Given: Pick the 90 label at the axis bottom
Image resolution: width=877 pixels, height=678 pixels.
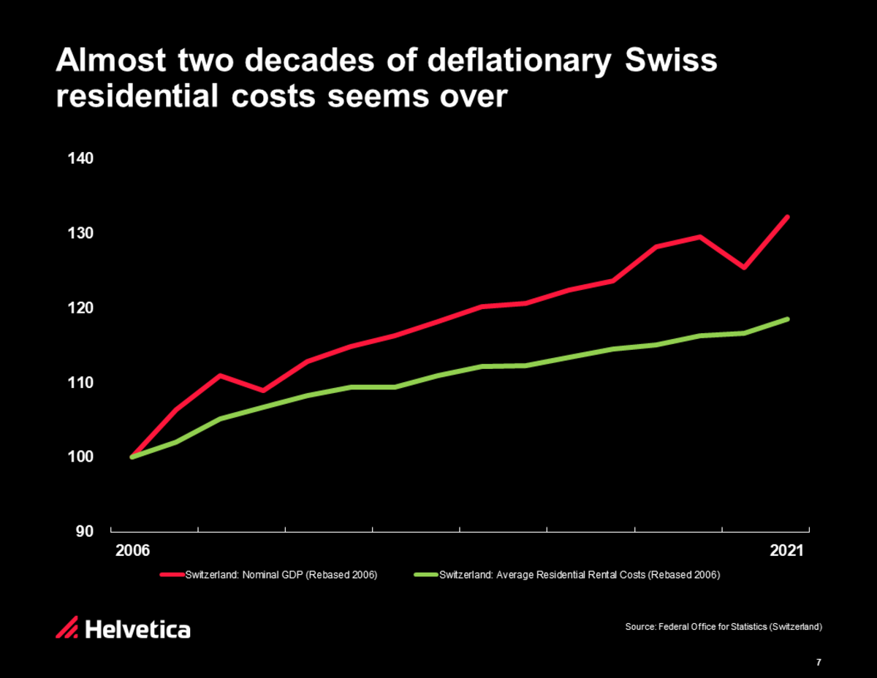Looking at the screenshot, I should (x=84, y=531).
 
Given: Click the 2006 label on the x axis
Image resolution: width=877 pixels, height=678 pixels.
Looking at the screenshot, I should (x=132, y=550).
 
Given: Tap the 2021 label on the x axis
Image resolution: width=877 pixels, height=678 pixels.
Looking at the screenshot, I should (x=786, y=550).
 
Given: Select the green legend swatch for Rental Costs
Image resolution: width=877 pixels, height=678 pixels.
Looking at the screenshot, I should (x=425, y=575).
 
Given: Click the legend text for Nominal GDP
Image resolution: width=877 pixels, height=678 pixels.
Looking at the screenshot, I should (x=281, y=575).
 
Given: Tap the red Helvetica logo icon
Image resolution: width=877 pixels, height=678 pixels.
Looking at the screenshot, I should (x=67, y=628).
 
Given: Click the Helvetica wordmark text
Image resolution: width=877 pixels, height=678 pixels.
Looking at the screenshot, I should (x=138, y=628).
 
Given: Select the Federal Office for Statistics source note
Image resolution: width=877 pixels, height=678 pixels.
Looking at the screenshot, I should (x=724, y=628).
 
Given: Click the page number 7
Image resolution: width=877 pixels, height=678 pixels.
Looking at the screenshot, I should (x=819, y=663).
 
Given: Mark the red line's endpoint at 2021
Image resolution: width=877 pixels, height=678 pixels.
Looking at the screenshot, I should (x=787, y=217).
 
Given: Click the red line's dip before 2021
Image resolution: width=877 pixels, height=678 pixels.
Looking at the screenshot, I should (x=744, y=267).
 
